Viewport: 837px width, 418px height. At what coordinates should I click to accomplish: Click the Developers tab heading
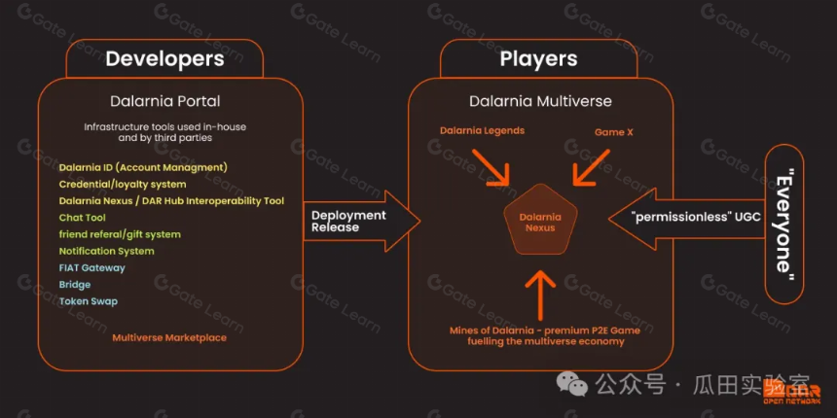point(164,58)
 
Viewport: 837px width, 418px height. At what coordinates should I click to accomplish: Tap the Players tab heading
point(538,58)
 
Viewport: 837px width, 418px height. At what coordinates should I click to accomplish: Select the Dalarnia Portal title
point(164,101)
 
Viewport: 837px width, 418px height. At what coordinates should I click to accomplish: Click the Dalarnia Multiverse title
point(540,101)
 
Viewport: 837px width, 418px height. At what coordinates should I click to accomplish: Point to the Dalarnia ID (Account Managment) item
point(143,167)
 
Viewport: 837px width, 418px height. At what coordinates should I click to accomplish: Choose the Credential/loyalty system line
point(123,185)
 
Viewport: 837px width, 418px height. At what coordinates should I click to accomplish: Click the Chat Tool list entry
point(82,218)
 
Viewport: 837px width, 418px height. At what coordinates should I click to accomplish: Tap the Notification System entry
point(106,251)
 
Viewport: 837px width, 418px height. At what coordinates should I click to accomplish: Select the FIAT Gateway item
point(91,267)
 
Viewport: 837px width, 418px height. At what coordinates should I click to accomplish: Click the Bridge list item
point(75,285)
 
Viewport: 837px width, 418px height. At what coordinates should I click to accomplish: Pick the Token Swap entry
point(88,301)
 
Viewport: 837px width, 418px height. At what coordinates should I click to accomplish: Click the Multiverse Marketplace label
point(169,337)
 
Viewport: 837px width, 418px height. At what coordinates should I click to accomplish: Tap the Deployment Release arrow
point(362,222)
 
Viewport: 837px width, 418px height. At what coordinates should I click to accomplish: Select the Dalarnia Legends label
point(482,130)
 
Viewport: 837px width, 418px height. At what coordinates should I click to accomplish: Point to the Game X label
point(614,131)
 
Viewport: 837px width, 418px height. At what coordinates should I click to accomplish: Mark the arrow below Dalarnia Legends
point(491,166)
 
